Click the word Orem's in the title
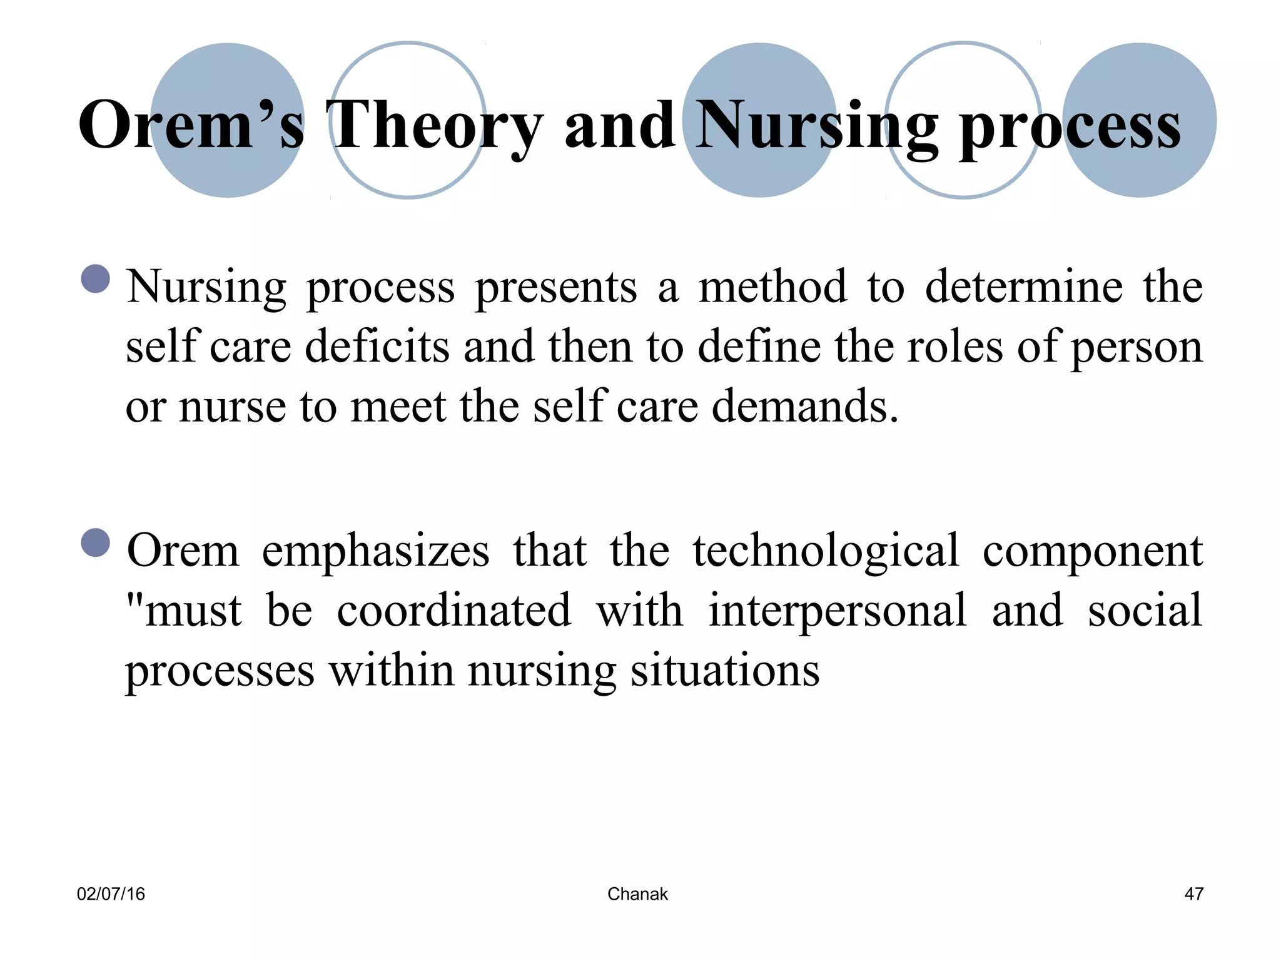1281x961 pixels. [x=191, y=125]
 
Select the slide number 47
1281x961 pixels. [x=1193, y=894]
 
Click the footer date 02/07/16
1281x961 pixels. [x=111, y=894]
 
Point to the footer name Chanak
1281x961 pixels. [x=637, y=894]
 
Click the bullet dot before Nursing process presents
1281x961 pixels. [x=96, y=279]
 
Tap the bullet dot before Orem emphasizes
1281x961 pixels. [x=96, y=542]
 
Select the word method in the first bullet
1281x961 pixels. [x=772, y=287]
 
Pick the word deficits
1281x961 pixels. [x=377, y=347]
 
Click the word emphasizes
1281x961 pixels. [x=375, y=552]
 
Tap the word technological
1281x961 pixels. [x=826, y=552]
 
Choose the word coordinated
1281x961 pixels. [x=453, y=611]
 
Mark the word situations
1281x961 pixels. [x=725, y=671]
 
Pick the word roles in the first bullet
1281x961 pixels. [x=954, y=347]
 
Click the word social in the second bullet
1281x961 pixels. [x=1145, y=611]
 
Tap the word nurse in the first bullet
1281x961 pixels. [x=232, y=407]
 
